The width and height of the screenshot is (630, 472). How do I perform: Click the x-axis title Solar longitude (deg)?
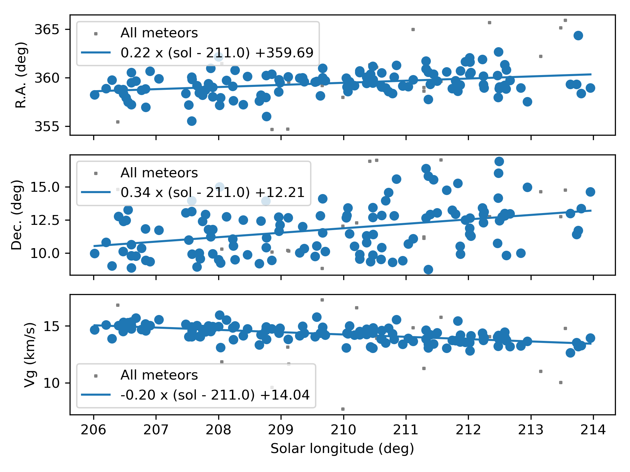pos(342,448)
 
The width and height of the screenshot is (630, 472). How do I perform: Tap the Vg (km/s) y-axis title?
pos(30,355)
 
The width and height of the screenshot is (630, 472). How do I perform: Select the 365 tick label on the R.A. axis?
pos(47,30)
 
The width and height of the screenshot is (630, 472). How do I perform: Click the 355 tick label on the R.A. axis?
pos(47,127)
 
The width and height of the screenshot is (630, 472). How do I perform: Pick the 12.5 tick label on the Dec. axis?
pos(45,220)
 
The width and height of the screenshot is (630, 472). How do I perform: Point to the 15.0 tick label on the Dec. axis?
pos(45,187)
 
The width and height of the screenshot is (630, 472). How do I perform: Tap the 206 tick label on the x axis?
pos(94,430)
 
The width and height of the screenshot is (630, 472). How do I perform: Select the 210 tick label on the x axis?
pos(343,430)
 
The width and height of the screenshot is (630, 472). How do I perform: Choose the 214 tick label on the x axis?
pos(593,430)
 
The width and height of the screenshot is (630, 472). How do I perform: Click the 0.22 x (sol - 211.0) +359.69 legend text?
pos(217,53)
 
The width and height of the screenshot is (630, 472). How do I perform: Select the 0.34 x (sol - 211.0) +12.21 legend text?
pos(213,192)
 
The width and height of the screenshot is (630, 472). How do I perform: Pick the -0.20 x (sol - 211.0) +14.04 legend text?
pos(215,395)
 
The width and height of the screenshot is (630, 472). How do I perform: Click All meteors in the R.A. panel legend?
pos(159,33)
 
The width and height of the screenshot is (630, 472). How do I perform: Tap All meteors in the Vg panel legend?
pos(159,375)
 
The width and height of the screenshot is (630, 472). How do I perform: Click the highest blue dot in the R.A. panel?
pos(578,35)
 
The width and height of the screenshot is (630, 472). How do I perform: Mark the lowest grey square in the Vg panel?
pos(343,409)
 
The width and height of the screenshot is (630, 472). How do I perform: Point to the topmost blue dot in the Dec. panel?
pos(499,161)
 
